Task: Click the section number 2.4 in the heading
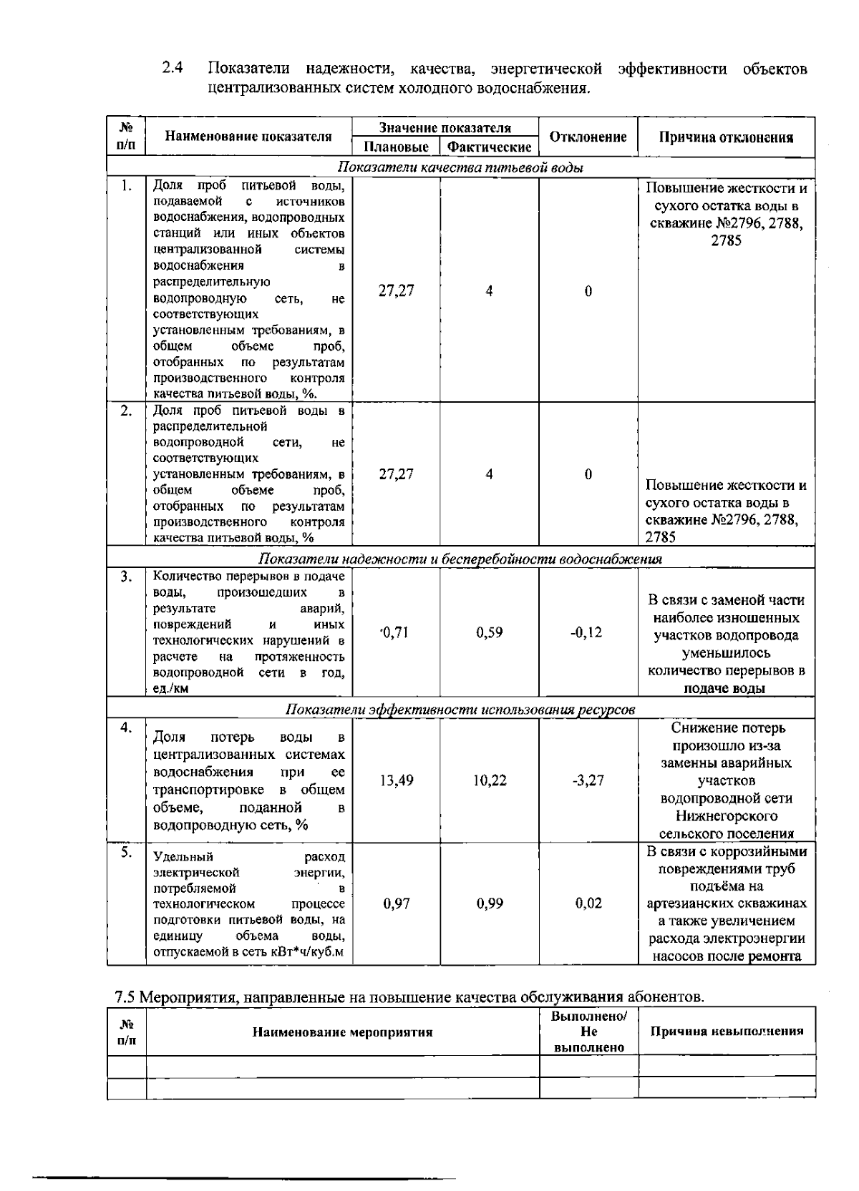171,69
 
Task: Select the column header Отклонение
588,137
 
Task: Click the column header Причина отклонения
726,137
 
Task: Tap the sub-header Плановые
396,147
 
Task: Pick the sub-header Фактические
489,147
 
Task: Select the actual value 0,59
489,632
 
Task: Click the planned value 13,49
396,780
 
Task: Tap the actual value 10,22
490,780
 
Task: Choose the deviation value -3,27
588,780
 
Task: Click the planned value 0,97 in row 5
397,903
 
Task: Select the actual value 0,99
490,903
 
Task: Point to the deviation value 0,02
588,903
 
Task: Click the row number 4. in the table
126,727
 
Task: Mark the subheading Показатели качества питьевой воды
460,168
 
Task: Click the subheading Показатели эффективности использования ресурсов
460,710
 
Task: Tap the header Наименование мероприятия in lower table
342,1031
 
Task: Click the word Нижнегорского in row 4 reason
726,815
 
